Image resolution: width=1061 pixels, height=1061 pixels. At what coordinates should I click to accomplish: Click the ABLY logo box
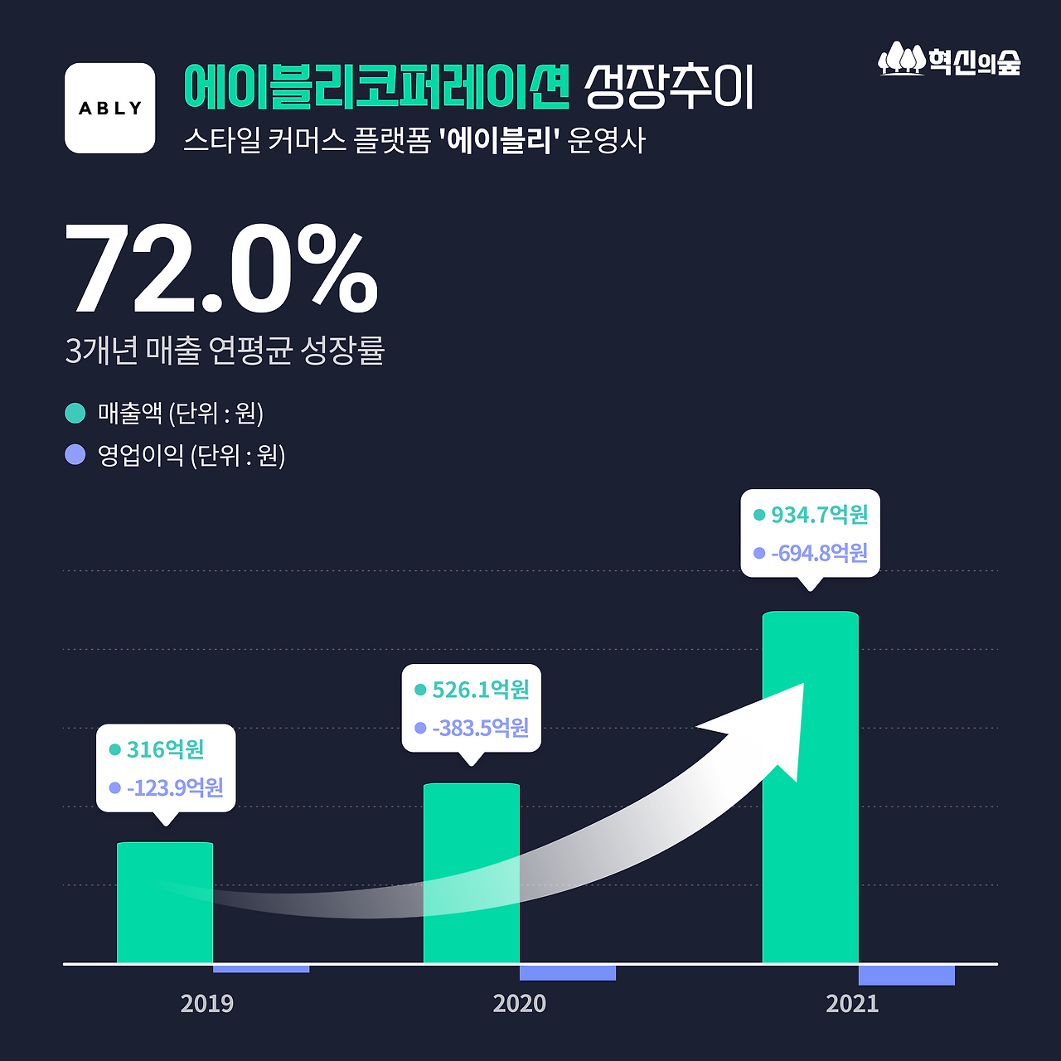pos(110,108)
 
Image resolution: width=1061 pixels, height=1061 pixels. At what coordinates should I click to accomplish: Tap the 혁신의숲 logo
pos(950,61)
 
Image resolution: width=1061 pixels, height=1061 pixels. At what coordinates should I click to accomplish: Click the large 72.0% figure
pos(221,269)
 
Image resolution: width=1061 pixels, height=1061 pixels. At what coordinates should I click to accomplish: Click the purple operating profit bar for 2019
pos(261,968)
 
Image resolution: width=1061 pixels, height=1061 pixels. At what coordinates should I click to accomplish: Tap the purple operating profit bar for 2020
pos(568,972)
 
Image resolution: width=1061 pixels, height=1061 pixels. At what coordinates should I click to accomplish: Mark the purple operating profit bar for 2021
pos(907,975)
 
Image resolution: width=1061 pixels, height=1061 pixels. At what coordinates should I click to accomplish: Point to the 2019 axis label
pos(207,1004)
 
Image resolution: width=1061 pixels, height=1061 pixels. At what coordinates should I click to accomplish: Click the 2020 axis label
pos(520,1004)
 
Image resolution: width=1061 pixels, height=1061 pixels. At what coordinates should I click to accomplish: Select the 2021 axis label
pos(852,1004)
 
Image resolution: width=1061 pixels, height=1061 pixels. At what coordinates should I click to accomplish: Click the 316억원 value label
pos(165,749)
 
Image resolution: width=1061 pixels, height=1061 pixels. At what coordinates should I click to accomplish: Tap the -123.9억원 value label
pos(175,787)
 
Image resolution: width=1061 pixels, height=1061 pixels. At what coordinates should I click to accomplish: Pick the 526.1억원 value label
pos(481,690)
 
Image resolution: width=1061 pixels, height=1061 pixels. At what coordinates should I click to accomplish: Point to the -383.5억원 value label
pos(481,728)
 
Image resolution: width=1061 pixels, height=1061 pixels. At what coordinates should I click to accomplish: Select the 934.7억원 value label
pos(819,515)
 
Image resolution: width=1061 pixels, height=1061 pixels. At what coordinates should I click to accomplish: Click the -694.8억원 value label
pos(819,553)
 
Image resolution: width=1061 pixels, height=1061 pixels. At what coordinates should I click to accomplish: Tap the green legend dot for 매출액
pos(75,413)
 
